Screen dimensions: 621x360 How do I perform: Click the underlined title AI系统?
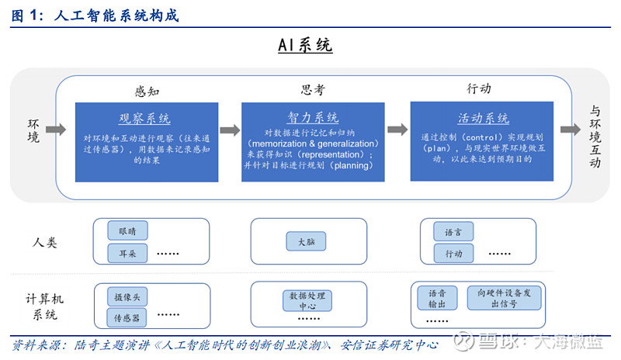305,45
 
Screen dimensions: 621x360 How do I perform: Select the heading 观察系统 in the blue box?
144,118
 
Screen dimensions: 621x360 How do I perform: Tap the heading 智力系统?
313,117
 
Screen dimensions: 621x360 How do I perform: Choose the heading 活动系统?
483,118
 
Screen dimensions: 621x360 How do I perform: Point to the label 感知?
147,92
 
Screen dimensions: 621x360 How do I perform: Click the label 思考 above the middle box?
313,90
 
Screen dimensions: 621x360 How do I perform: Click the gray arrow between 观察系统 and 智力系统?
230,130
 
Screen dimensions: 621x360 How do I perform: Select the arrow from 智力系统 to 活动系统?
397,130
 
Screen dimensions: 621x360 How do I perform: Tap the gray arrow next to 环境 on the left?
56,130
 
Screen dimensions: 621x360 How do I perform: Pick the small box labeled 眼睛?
127,231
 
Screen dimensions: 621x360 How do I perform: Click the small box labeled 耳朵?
127,253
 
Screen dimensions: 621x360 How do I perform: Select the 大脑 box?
306,241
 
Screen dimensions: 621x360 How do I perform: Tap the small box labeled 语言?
453,232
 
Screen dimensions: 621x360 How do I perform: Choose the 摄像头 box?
127,297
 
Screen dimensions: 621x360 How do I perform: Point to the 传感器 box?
127,317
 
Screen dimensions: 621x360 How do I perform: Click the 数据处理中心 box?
307,301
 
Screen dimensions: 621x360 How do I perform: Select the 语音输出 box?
437,298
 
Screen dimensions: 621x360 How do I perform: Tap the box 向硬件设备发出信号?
504,298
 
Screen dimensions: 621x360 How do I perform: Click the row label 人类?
45,242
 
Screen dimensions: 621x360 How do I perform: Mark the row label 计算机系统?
45,306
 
